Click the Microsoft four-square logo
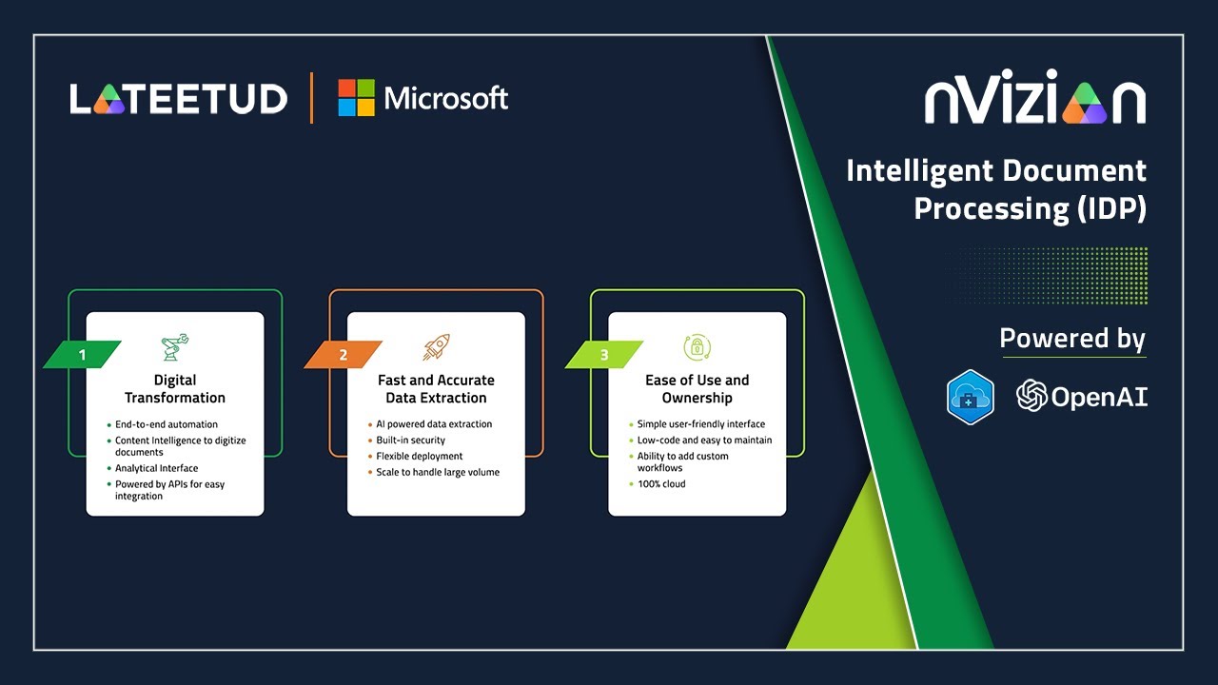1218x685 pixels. pyautogui.click(x=357, y=98)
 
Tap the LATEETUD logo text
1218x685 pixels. pyautogui.click(x=178, y=99)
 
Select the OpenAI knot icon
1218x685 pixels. pyautogui.click(x=1031, y=396)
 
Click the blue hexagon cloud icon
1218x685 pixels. pyautogui.click(x=971, y=397)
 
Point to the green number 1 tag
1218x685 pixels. pyautogui.click(x=83, y=355)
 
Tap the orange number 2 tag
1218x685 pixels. pyautogui.click(x=344, y=355)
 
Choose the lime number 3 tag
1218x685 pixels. pyautogui.click(x=604, y=355)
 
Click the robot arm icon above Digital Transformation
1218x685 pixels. pyautogui.click(x=175, y=347)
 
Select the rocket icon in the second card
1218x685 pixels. pyautogui.click(x=436, y=347)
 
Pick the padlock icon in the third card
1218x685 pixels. pyautogui.click(x=697, y=347)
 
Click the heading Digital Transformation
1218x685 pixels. pyautogui.click(x=175, y=389)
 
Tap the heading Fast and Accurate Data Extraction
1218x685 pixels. pyautogui.click(x=436, y=389)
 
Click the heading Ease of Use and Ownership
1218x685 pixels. pyautogui.click(x=697, y=389)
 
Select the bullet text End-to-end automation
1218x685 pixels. pyautogui.click(x=167, y=424)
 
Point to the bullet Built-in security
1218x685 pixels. pyautogui.click(x=410, y=440)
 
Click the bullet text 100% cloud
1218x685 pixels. pyautogui.click(x=661, y=484)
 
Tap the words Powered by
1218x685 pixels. pyautogui.click(x=1072, y=339)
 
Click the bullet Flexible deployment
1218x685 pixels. pyautogui.click(x=420, y=457)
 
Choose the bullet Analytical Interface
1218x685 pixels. pyautogui.click(x=157, y=469)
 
